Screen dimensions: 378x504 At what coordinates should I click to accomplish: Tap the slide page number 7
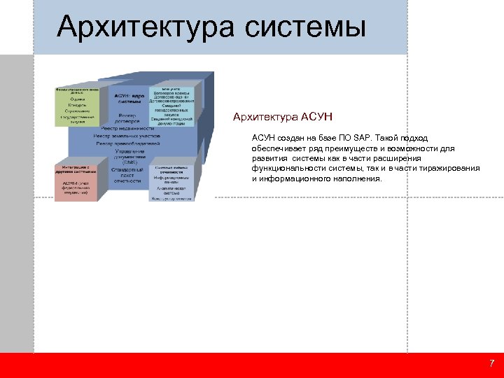[x=491, y=363]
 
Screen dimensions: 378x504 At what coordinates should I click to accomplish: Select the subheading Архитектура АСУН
[x=282, y=116]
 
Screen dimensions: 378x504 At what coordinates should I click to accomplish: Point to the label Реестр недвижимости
[x=127, y=129]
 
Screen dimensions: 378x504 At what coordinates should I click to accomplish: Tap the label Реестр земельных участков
[x=127, y=136]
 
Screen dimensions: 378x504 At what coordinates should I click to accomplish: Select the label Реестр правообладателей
[x=127, y=143]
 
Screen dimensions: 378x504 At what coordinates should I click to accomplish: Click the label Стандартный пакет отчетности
[x=127, y=175]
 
